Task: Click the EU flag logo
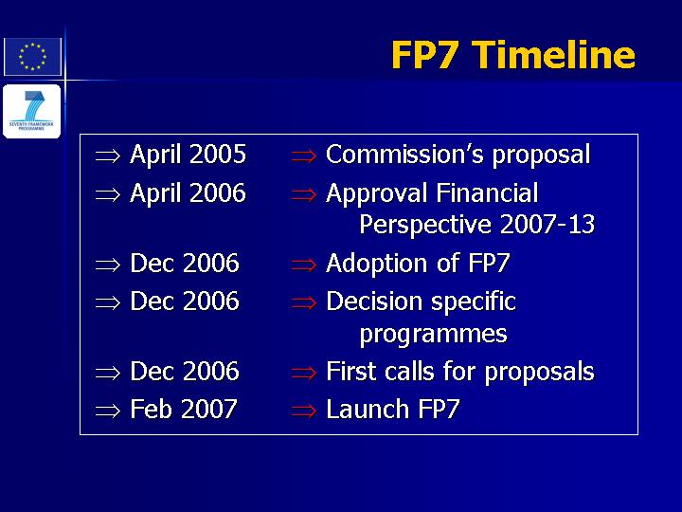(x=32, y=57)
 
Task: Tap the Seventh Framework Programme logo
(x=32, y=111)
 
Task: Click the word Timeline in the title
(x=553, y=55)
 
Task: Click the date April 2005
(x=188, y=155)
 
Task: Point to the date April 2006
(x=188, y=193)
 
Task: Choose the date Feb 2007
(x=184, y=410)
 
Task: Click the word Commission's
(x=404, y=155)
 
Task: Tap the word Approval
(x=377, y=193)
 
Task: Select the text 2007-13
(x=547, y=224)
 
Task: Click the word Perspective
(x=425, y=225)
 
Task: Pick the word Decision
(x=374, y=302)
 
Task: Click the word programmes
(x=433, y=335)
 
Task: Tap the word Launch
(x=368, y=410)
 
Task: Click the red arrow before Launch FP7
(x=304, y=411)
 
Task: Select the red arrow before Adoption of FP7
(x=304, y=265)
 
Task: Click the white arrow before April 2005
(x=107, y=155)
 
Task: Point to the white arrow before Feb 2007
(x=107, y=411)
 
